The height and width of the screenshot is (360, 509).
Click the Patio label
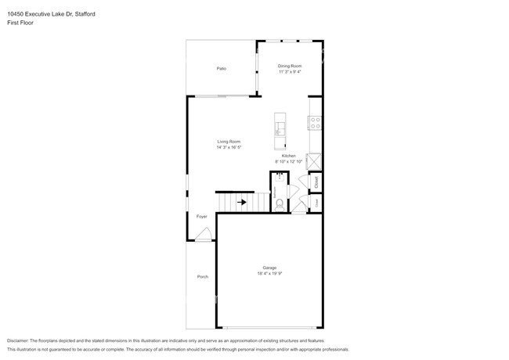(222, 69)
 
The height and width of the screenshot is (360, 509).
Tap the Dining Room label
(290, 66)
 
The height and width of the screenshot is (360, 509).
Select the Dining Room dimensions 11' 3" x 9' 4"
(290, 72)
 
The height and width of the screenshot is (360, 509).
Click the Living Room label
(229, 142)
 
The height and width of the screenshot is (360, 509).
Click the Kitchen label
(289, 156)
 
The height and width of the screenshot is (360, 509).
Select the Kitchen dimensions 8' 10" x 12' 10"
(289, 162)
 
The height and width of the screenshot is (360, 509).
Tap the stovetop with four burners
(316, 123)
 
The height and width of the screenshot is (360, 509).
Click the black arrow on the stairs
(243, 202)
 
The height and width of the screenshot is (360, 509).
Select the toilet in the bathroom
(280, 204)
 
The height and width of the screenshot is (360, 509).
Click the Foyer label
(201, 215)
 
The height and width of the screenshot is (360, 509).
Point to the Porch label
(202, 276)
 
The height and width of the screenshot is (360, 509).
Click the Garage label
(269, 268)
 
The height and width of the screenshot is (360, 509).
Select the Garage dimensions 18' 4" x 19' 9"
(269, 274)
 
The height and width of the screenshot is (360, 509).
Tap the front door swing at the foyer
(204, 235)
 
